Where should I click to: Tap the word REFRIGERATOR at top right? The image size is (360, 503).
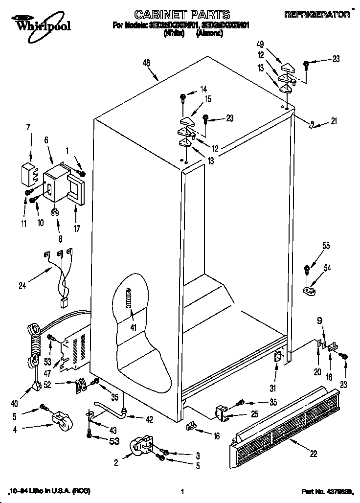pos(317,15)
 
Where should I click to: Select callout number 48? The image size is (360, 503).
pos(146,63)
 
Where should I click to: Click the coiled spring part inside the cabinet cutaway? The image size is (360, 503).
pos(129,297)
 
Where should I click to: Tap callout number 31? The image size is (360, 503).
pos(273,389)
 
